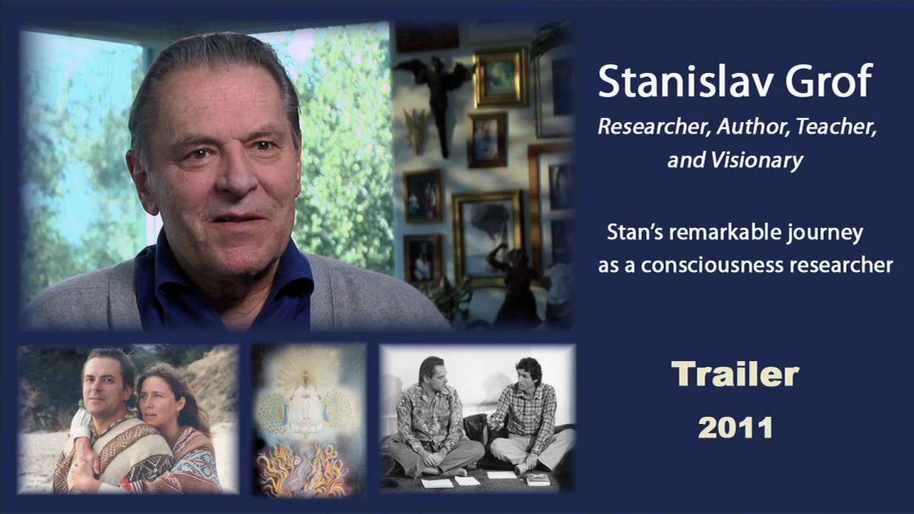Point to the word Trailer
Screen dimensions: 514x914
(735, 375)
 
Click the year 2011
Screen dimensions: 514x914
(735, 428)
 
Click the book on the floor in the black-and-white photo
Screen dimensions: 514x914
(537, 479)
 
